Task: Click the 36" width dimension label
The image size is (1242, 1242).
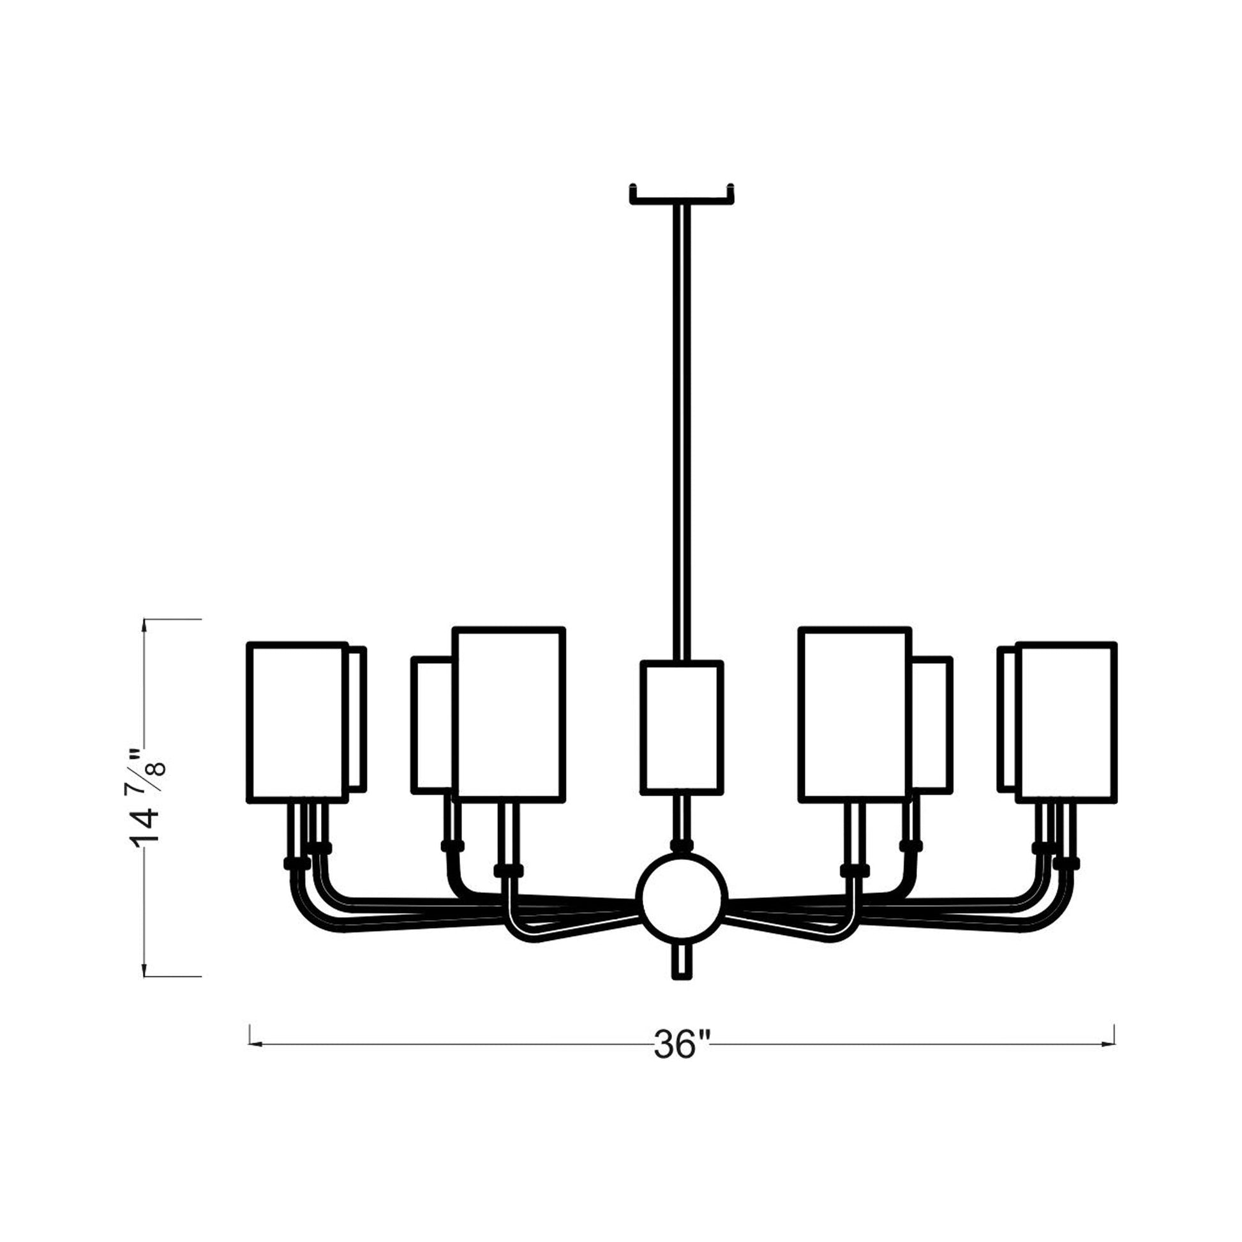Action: [x=682, y=1045]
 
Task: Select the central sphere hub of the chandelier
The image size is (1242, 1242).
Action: [x=682, y=898]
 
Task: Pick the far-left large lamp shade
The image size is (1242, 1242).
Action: [x=297, y=722]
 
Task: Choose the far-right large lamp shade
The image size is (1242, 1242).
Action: [x=1066, y=722]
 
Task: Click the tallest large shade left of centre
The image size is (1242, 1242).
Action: [x=509, y=714]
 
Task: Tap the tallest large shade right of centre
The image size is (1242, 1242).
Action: [x=855, y=714]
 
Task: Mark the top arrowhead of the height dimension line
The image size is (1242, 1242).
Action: [x=146, y=624]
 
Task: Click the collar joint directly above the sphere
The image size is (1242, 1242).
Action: [x=682, y=846]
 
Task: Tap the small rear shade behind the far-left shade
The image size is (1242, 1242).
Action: [x=357, y=719]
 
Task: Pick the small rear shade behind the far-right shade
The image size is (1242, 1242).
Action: [x=1007, y=719]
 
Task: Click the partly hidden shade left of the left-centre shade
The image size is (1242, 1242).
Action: [x=433, y=725]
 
